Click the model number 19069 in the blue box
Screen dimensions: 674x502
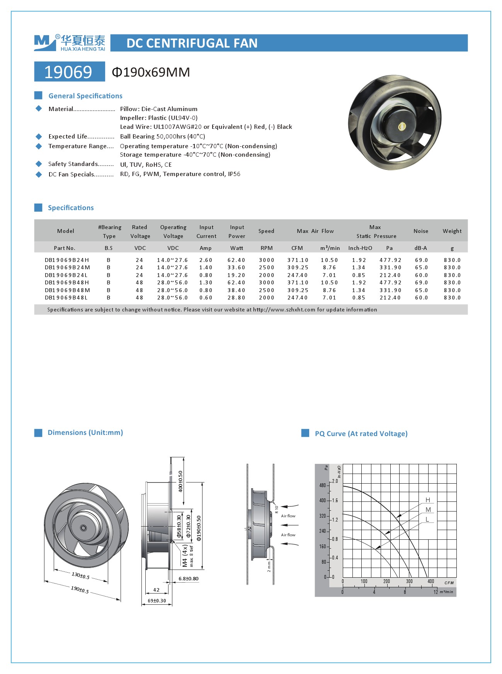[69, 72]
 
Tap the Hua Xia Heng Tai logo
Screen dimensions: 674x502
[70, 43]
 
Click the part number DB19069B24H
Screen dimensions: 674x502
[66, 260]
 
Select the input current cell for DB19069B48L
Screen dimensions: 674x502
[206, 298]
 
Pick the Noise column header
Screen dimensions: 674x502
[421, 231]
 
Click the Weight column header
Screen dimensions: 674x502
[452, 231]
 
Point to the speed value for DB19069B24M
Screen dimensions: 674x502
[266, 267]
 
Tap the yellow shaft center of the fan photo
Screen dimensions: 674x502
[402, 127]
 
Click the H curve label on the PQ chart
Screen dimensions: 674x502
[428, 500]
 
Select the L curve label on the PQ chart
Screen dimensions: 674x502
[427, 519]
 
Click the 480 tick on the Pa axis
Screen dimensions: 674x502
[323, 485]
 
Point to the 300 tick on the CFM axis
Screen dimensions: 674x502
[409, 581]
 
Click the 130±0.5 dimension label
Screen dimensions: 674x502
[80, 575]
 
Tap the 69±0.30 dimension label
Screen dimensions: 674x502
[157, 601]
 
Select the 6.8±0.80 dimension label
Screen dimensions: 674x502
[188, 579]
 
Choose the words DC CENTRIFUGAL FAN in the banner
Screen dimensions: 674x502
[192, 43]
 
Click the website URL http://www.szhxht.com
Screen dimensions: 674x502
[284, 310]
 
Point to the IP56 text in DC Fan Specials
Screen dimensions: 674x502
[234, 174]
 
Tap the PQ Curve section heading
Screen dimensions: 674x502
[361, 434]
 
